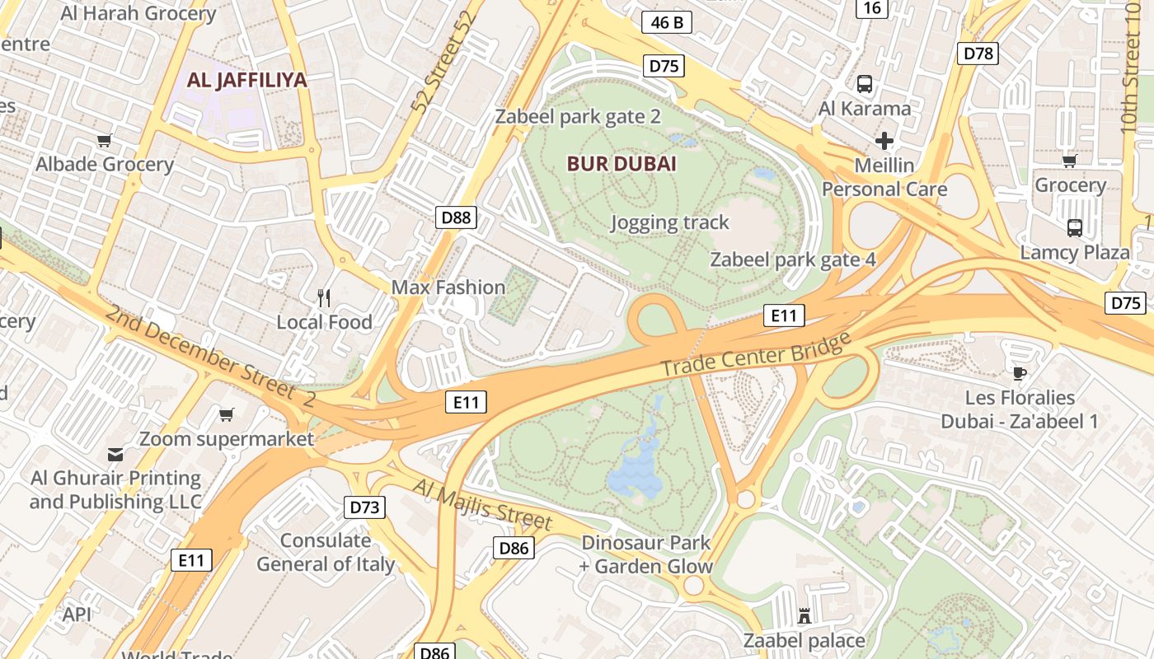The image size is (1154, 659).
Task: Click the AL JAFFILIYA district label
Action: [x=247, y=80]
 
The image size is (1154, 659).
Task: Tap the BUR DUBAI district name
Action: [x=622, y=164]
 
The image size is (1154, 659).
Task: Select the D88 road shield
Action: [x=456, y=217]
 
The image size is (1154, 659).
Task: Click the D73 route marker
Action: [x=364, y=507]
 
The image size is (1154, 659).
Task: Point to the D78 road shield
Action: [x=978, y=54]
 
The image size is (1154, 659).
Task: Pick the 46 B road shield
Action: [x=666, y=22]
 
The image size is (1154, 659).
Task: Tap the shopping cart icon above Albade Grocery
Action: [x=104, y=141]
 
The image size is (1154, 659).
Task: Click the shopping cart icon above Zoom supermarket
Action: [x=226, y=414]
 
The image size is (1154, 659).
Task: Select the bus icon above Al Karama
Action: [x=864, y=83]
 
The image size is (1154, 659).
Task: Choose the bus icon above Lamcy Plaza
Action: [x=1074, y=228]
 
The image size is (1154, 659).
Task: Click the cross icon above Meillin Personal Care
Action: [x=884, y=141]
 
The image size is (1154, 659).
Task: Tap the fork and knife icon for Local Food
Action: [x=324, y=297]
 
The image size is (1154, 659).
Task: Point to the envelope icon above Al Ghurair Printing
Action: [x=115, y=454]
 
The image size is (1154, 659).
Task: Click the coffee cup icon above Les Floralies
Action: [x=1020, y=373]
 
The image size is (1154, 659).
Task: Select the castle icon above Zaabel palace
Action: [x=805, y=615]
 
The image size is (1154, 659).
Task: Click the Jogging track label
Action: [x=669, y=222]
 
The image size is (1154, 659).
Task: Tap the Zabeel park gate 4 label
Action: [x=793, y=260]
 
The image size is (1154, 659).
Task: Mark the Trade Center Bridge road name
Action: [x=755, y=355]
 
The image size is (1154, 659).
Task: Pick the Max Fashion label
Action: [x=448, y=287]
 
